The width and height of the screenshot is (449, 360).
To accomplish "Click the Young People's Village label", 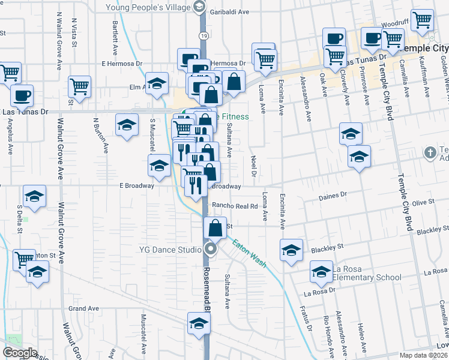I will [147, 7].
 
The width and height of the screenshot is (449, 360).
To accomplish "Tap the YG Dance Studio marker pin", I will [210, 248].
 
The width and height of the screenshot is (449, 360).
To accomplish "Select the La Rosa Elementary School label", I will [367, 272].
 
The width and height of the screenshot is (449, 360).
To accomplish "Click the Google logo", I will [20, 353].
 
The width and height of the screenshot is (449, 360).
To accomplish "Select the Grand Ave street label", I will [83, 308].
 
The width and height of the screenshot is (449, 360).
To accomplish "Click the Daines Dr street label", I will [335, 195].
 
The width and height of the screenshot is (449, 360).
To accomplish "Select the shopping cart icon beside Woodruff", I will [423, 19].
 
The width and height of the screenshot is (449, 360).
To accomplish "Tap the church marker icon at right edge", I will [430, 153].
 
